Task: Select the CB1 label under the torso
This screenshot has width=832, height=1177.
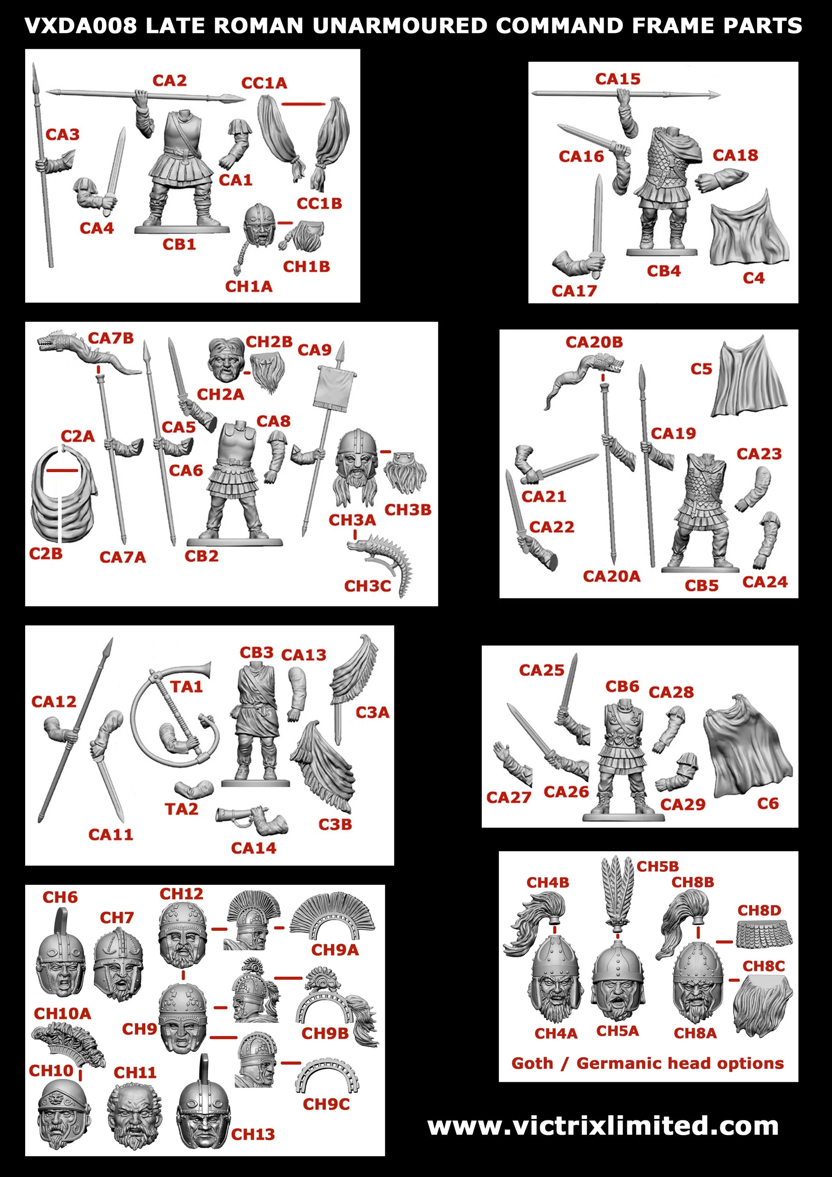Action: pyautogui.click(x=180, y=245)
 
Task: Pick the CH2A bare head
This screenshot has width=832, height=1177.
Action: pyautogui.click(x=225, y=359)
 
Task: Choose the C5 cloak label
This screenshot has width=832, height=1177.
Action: pyautogui.click(x=701, y=369)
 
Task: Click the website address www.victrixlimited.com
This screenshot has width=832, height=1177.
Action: pyautogui.click(x=603, y=1126)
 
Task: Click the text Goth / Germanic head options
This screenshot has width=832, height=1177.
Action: pyautogui.click(x=648, y=1063)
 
